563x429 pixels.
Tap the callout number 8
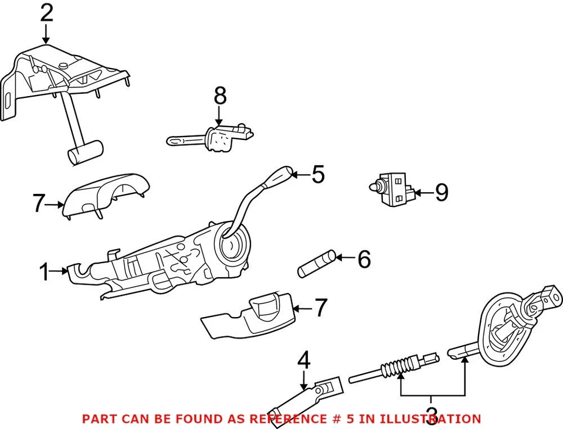[219, 96]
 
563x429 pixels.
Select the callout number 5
[318, 174]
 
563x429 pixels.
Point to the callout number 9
[441, 192]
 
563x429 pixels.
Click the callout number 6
[364, 258]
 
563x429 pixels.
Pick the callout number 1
[44, 272]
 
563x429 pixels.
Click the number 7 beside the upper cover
[39, 204]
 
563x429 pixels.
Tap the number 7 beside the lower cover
[320, 308]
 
